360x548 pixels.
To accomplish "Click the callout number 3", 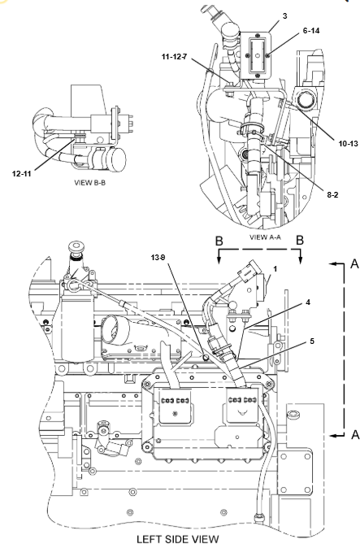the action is [x=285, y=16].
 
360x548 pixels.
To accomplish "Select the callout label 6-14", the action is [x=311, y=31].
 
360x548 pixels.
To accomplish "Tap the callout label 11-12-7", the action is [x=174, y=57].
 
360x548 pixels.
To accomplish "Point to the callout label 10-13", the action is [x=348, y=143].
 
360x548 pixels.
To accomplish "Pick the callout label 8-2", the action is [x=332, y=194].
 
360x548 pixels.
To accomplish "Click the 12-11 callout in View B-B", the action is [x=22, y=174].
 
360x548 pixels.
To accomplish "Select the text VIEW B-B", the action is [x=89, y=182].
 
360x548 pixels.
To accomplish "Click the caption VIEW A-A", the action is [x=265, y=237].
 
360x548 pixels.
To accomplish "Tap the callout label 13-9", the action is [x=158, y=258].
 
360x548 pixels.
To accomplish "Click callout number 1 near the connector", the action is [x=275, y=269].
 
